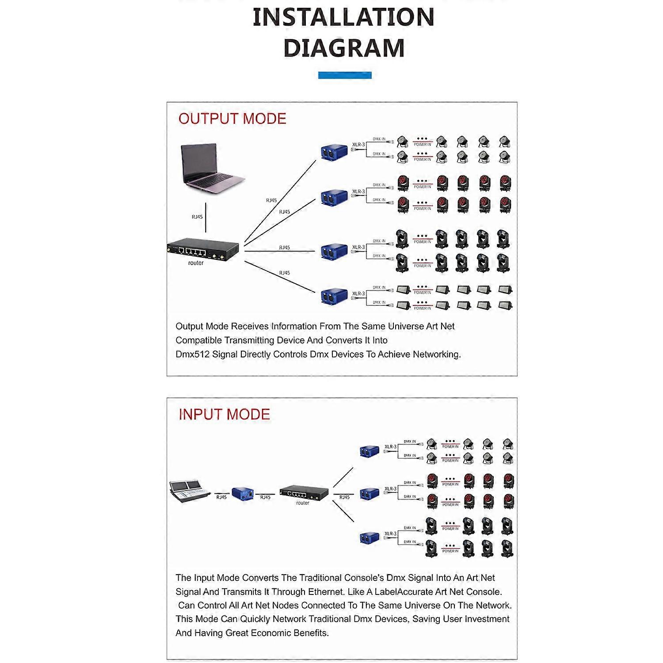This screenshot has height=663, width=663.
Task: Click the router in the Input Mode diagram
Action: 304,492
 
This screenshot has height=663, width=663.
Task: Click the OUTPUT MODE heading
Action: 232,118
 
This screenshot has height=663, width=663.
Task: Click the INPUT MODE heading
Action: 224,414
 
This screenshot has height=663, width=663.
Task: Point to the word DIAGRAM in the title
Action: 344,48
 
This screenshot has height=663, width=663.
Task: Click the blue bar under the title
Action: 345,75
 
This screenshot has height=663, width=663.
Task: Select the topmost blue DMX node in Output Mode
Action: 334,151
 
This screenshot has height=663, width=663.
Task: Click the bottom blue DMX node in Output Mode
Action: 334,296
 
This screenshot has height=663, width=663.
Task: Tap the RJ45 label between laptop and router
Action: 197,217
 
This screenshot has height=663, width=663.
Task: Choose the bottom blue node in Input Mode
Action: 370,538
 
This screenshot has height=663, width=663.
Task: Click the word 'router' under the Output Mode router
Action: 196,263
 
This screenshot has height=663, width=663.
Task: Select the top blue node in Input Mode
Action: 370,451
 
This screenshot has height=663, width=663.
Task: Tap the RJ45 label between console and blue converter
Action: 221,497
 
